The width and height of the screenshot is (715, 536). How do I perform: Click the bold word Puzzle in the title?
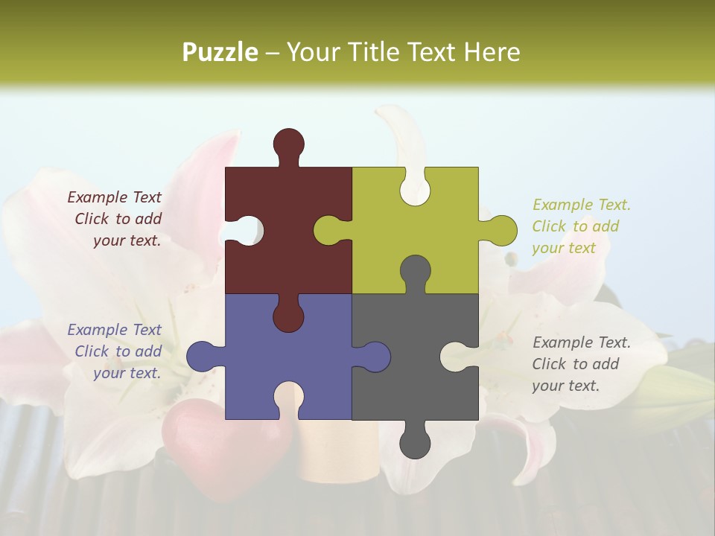click(x=220, y=52)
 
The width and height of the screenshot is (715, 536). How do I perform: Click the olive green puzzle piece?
click(x=439, y=223)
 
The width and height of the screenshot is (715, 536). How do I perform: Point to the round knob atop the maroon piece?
click(x=288, y=144)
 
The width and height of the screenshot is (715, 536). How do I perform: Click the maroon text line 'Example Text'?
click(x=114, y=197)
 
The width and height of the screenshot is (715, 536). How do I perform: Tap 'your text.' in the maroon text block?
click(x=127, y=240)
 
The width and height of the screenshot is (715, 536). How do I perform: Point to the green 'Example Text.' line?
click(x=581, y=205)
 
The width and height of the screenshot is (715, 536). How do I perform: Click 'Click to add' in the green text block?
click(x=575, y=226)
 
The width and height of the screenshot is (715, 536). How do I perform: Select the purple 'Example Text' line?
click(x=114, y=330)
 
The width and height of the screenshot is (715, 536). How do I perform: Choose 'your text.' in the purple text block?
click(x=127, y=373)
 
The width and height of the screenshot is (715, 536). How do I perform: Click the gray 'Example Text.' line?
click(x=581, y=342)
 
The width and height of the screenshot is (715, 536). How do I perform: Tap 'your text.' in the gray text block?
click(x=565, y=386)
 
